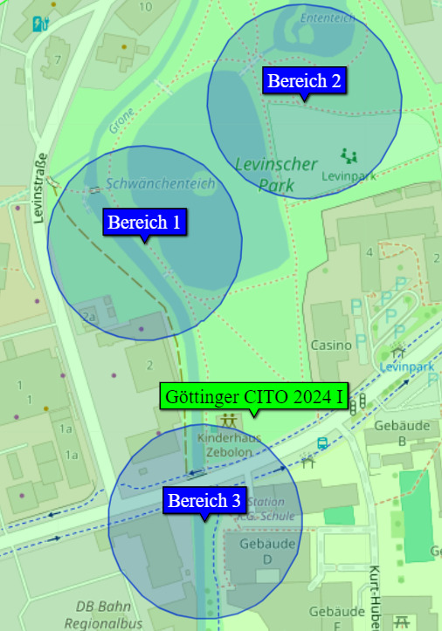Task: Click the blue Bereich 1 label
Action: click(144, 222)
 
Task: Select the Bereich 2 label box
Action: click(304, 81)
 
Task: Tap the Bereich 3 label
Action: click(204, 500)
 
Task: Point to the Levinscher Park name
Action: click(276, 173)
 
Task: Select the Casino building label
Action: click(331, 345)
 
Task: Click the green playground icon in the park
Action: click(350, 156)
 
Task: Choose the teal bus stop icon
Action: click(322, 442)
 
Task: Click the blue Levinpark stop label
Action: click(406, 367)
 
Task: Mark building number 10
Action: click(145, 6)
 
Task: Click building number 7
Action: click(58, 59)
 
